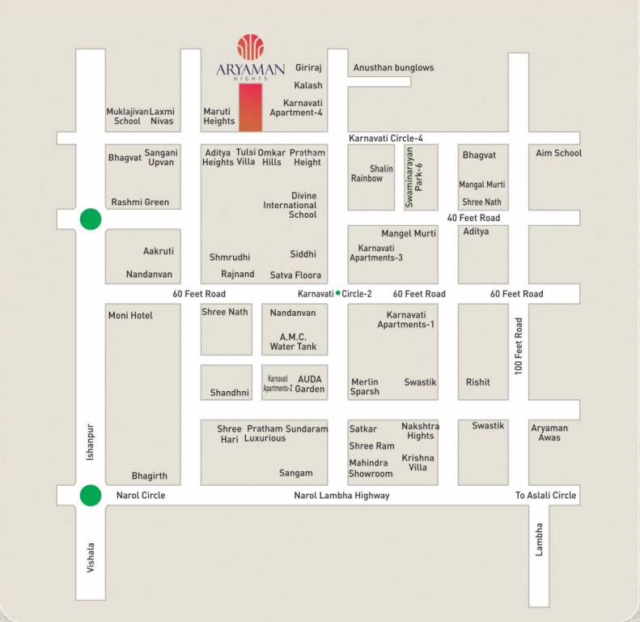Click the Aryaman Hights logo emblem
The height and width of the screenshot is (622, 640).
250,47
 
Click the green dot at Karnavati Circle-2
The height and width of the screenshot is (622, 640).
337,293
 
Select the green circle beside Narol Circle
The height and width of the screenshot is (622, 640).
91,495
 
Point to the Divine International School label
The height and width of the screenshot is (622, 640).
290,205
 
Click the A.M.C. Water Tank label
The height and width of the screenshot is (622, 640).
293,341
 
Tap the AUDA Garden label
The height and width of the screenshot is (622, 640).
311,383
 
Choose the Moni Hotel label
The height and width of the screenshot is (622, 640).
130,315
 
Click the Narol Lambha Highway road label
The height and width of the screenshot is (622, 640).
343,496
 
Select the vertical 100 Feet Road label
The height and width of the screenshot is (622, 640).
519,345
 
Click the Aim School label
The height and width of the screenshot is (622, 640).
558,153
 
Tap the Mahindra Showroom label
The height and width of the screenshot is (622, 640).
371,468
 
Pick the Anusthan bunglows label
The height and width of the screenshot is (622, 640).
394,68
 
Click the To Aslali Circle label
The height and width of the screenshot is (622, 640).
546,496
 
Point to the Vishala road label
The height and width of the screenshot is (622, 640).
91,558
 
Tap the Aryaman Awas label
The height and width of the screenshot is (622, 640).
549,432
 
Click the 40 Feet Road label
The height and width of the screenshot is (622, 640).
473,218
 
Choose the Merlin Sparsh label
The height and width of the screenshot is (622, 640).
365,387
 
